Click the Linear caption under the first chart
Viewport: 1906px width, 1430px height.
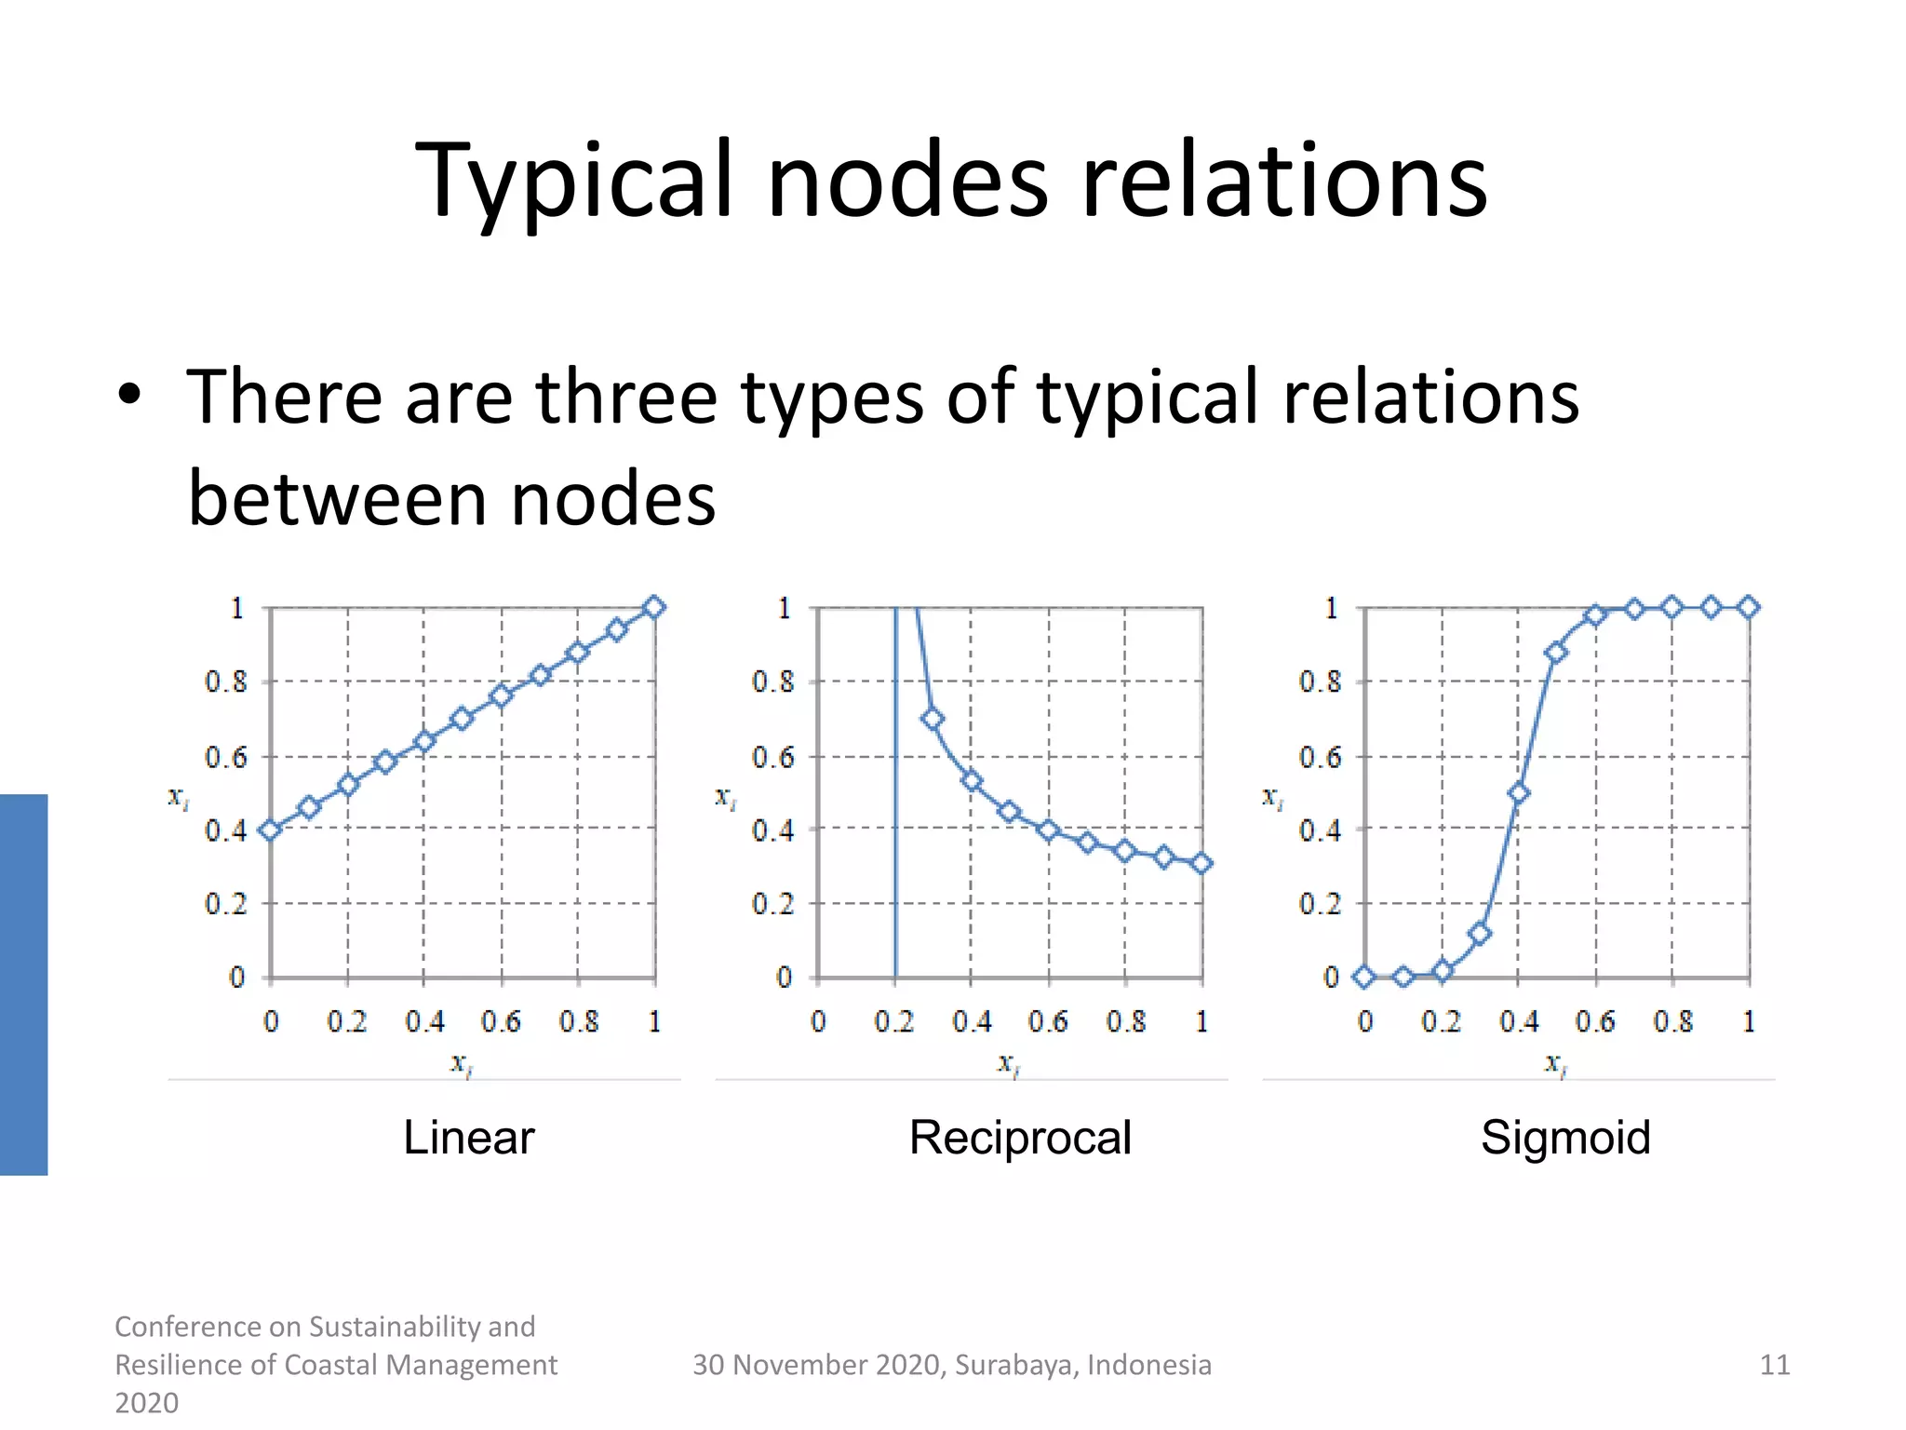468,1137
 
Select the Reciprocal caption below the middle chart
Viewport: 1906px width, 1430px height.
1020,1137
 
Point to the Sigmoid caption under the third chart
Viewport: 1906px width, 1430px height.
1565,1137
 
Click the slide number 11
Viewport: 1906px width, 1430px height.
1775,1365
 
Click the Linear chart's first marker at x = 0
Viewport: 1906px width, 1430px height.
270,830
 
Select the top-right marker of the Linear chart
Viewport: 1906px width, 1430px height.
654,607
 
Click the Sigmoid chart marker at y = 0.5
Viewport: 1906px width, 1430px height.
1518,793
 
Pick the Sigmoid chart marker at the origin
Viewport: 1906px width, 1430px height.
1364,977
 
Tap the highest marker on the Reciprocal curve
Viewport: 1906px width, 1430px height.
932,719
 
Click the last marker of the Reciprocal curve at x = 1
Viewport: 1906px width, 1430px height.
1201,863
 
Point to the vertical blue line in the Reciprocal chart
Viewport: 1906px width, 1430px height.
895,838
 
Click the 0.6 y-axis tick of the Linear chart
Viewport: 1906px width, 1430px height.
226,757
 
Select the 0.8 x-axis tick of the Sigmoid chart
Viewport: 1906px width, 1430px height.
1672,1022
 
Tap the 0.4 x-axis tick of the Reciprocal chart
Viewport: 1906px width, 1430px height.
972,1022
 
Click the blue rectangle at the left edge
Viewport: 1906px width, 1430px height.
23,984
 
